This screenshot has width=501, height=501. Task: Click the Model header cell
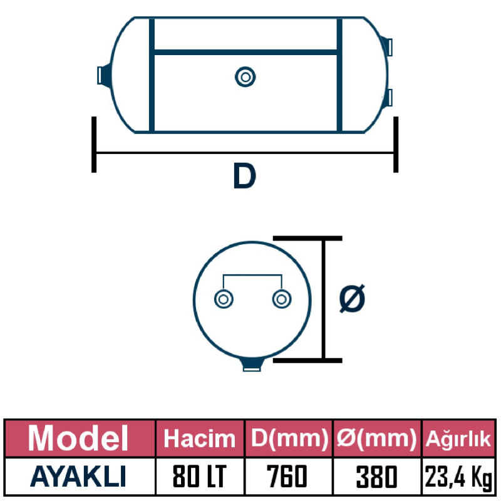tap(79, 438)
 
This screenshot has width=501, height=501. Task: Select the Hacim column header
tap(200, 438)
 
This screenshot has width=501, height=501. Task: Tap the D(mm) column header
tap(289, 438)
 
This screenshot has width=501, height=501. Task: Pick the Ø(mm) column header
tap(377, 438)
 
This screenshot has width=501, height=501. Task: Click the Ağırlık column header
tap(458, 438)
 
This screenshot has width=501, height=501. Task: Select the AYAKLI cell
tap(79, 477)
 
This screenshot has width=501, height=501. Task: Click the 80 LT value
tap(200, 478)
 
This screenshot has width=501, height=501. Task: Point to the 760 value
tap(289, 478)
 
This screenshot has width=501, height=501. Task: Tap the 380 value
tap(377, 478)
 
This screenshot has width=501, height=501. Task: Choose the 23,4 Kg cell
tap(458, 478)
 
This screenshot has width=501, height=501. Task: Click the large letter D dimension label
tap(244, 177)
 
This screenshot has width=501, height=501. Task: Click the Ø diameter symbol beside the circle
tap(352, 299)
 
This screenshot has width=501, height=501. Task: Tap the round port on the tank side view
tap(245, 77)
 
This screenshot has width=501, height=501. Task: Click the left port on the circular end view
tap(222, 299)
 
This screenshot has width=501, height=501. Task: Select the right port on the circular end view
tap(282, 299)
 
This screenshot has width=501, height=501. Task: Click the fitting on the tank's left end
tap(104, 75)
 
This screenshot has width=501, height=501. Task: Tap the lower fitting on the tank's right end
tap(389, 96)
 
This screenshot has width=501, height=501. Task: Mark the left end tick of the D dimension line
tap(94, 144)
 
